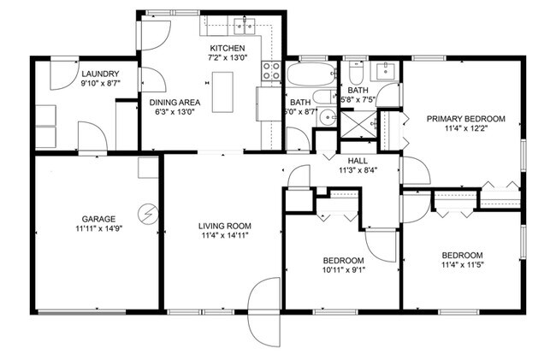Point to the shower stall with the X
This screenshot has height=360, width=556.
point(358,124)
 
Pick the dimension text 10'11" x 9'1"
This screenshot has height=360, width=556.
point(343,272)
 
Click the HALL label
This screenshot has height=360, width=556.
point(358,159)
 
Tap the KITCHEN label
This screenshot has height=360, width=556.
point(228,48)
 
